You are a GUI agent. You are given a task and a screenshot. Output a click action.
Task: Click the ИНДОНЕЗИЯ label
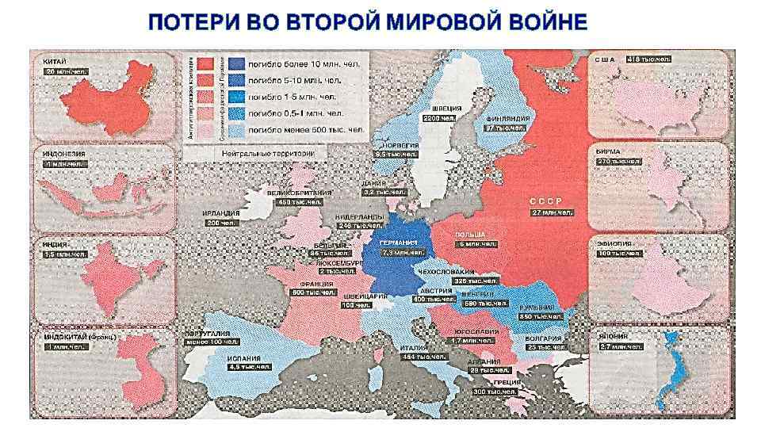(63, 153)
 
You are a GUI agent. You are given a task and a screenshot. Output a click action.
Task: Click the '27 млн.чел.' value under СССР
(553, 212)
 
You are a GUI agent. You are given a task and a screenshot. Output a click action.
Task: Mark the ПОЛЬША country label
(469, 235)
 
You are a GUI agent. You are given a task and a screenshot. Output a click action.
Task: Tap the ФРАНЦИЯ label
(316, 283)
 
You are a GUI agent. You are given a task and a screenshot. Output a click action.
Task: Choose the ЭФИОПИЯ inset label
(614, 243)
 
